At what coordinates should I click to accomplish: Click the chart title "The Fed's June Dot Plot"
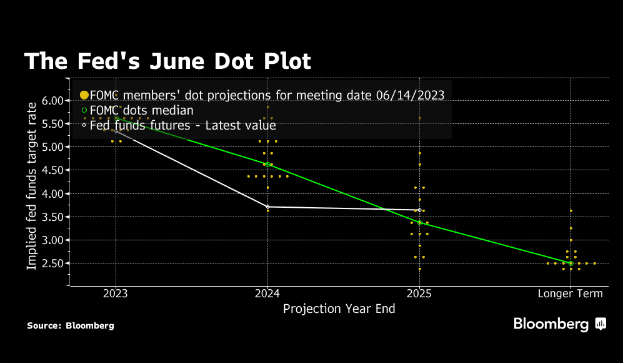[167, 61]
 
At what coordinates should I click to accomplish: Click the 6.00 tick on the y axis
[54, 101]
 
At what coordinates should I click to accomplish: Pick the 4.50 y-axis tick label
[54, 170]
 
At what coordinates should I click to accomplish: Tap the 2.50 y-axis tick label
[54, 263]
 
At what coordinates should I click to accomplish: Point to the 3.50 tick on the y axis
[54, 217]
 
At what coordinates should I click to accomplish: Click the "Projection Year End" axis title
[339, 309]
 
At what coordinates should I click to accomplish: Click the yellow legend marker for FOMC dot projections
[84, 95]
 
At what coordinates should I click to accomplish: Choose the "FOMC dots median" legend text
[142, 111]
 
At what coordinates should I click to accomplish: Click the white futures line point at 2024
[267, 207]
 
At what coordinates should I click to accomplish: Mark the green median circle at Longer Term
[571, 263]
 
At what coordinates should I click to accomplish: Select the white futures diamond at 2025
[419, 210]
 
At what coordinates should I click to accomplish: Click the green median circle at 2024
[267, 165]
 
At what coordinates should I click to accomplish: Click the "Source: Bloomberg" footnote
[71, 325]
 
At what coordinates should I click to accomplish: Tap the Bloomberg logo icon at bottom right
[601, 324]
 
